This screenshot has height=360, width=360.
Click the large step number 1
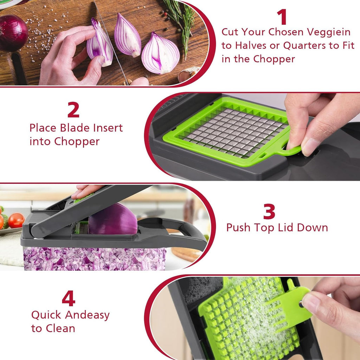[282, 17]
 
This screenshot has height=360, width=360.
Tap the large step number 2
[73, 110]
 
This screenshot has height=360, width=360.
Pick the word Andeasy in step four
[87, 315]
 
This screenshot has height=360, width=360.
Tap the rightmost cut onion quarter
[160, 54]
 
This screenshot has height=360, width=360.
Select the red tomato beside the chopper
[16, 220]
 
